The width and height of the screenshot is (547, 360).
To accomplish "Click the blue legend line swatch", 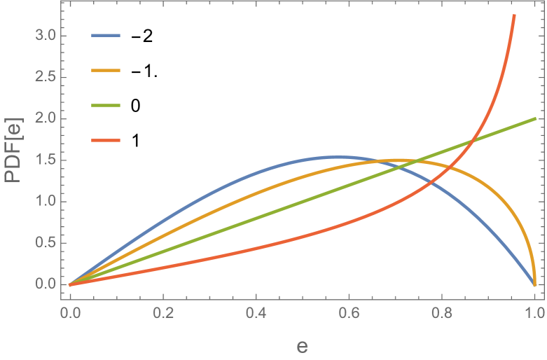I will (x=106, y=35).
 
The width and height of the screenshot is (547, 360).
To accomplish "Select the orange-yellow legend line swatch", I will (x=106, y=70).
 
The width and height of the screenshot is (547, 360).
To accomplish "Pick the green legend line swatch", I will (x=106, y=105).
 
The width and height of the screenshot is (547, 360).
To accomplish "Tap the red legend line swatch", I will (x=106, y=140).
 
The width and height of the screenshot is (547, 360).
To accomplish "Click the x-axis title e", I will (x=302, y=346).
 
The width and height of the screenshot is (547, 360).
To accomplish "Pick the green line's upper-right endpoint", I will (x=535, y=118).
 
